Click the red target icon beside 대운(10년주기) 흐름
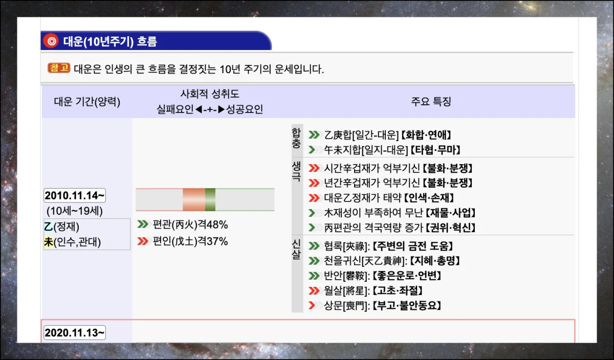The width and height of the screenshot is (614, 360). pyautogui.click(x=51, y=41)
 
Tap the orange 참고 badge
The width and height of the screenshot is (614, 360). pyautogui.click(x=59, y=68)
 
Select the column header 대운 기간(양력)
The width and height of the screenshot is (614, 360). pyautogui.click(x=87, y=102)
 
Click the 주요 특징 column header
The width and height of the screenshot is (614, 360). pyautogui.click(x=431, y=101)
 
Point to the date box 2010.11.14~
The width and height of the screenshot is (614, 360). pyautogui.click(x=75, y=196)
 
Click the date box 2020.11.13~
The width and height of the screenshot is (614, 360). pyautogui.click(x=75, y=333)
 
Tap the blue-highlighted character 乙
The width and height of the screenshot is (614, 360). pyautogui.click(x=48, y=227)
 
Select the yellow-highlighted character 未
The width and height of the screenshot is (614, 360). pyautogui.click(x=48, y=242)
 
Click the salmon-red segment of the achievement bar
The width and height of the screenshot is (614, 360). pyautogui.click(x=194, y=199)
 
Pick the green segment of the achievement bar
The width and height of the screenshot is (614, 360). pyautogui.click(x=210, y=199)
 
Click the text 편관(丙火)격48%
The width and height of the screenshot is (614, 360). pyautogui.click(x=190, y=225)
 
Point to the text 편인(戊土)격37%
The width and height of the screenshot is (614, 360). pyautogui.click(x=190, y=241)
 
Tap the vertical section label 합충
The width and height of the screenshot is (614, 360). pyautogui.click(x=297, y=138)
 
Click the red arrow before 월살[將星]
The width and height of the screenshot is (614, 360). pyautogui.click(x=314, y=291)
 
